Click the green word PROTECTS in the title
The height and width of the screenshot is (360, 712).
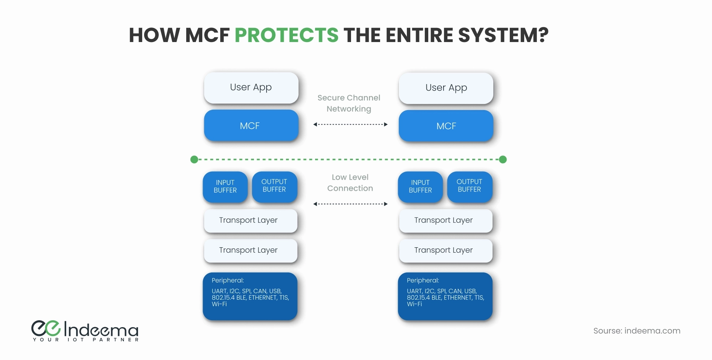(286, 35)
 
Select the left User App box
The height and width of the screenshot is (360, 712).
(251, 88)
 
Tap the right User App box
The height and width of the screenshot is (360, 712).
(446, 88)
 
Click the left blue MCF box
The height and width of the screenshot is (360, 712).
(251, 126)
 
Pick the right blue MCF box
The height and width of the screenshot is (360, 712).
(446, 126)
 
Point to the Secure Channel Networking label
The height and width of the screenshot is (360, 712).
(349, 103)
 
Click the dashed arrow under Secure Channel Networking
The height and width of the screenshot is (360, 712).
(350, 124)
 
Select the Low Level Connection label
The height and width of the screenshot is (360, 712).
(350, 183)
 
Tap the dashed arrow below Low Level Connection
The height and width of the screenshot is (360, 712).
(350, 204)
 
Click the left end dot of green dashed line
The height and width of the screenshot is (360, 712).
(194, 159)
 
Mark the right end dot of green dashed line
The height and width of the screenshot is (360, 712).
(503, 159)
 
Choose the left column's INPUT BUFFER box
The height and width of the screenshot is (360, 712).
(225, 186)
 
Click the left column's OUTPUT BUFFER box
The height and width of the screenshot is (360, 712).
(274, 186)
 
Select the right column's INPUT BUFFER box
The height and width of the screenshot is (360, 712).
(420, 186)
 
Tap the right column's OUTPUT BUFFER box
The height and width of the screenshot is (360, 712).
(469, 186)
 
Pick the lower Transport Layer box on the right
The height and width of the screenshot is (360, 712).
(445, 250)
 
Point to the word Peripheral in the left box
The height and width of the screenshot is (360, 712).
(228, 280)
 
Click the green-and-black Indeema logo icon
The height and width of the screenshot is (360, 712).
(46, 328)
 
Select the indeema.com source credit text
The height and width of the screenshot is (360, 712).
(637, 331)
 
